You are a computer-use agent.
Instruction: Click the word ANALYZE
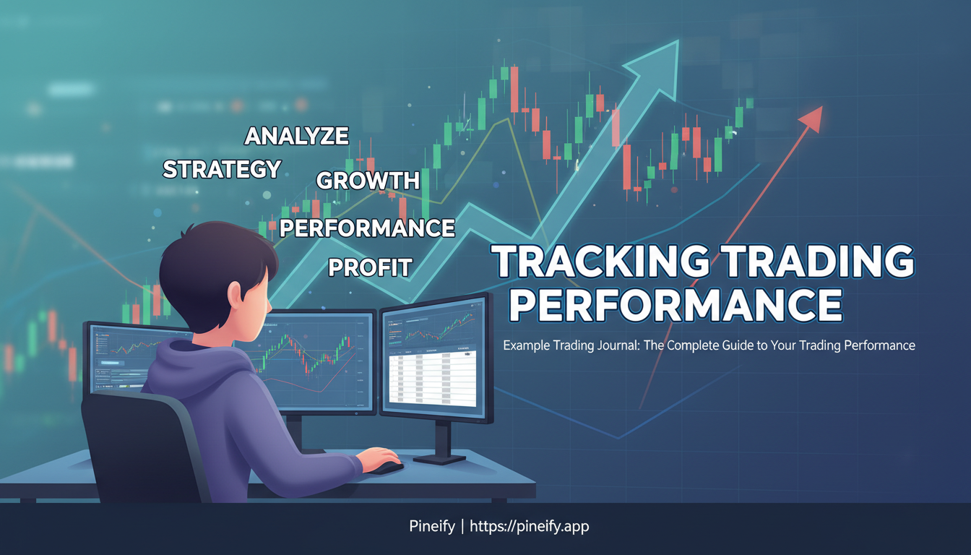[x=296, y=136]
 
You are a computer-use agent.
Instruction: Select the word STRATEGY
[x=222, y=169]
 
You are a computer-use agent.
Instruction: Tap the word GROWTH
[x=368, y=181]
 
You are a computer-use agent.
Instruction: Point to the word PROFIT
[x=370, y=267]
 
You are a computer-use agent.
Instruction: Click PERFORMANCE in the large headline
[x=676, y=306]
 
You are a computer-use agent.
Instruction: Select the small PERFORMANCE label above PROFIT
[x=367, y=228]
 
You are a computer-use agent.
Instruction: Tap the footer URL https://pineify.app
[x=530, y=527]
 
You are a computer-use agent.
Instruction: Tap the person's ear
[x=235, y=293]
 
